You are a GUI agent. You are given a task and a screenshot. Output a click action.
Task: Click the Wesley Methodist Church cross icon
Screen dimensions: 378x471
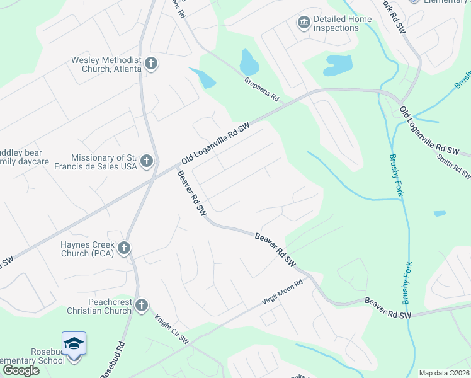coord(150,64)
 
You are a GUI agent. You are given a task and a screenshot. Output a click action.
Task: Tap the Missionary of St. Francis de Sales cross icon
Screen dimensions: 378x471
coord(147,161)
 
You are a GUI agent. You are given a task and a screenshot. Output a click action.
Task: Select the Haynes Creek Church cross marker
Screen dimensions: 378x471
coord(124,248)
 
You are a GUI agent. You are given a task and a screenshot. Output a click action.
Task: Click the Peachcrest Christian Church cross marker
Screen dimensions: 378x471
coord(142,306)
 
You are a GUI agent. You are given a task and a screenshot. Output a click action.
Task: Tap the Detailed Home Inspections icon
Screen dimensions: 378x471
coord(304,23)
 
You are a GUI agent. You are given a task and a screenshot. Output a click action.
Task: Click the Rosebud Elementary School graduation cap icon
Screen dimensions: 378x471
coord(74,344)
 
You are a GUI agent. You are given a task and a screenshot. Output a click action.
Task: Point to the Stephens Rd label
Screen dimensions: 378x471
coord(262,89)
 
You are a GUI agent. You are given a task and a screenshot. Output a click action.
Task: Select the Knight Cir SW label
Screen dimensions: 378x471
coord(172,329)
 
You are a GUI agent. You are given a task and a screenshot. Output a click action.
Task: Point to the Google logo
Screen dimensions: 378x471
coord(20,370)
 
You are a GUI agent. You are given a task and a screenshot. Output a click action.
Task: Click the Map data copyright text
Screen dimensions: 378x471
coord(443,373)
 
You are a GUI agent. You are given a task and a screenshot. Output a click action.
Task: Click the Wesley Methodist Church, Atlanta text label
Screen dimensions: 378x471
coord(105,64)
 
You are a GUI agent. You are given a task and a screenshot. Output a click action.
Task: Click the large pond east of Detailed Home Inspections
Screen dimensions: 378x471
coord(338,64)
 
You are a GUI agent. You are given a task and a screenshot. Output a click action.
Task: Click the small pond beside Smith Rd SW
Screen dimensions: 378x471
coord(440,214)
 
